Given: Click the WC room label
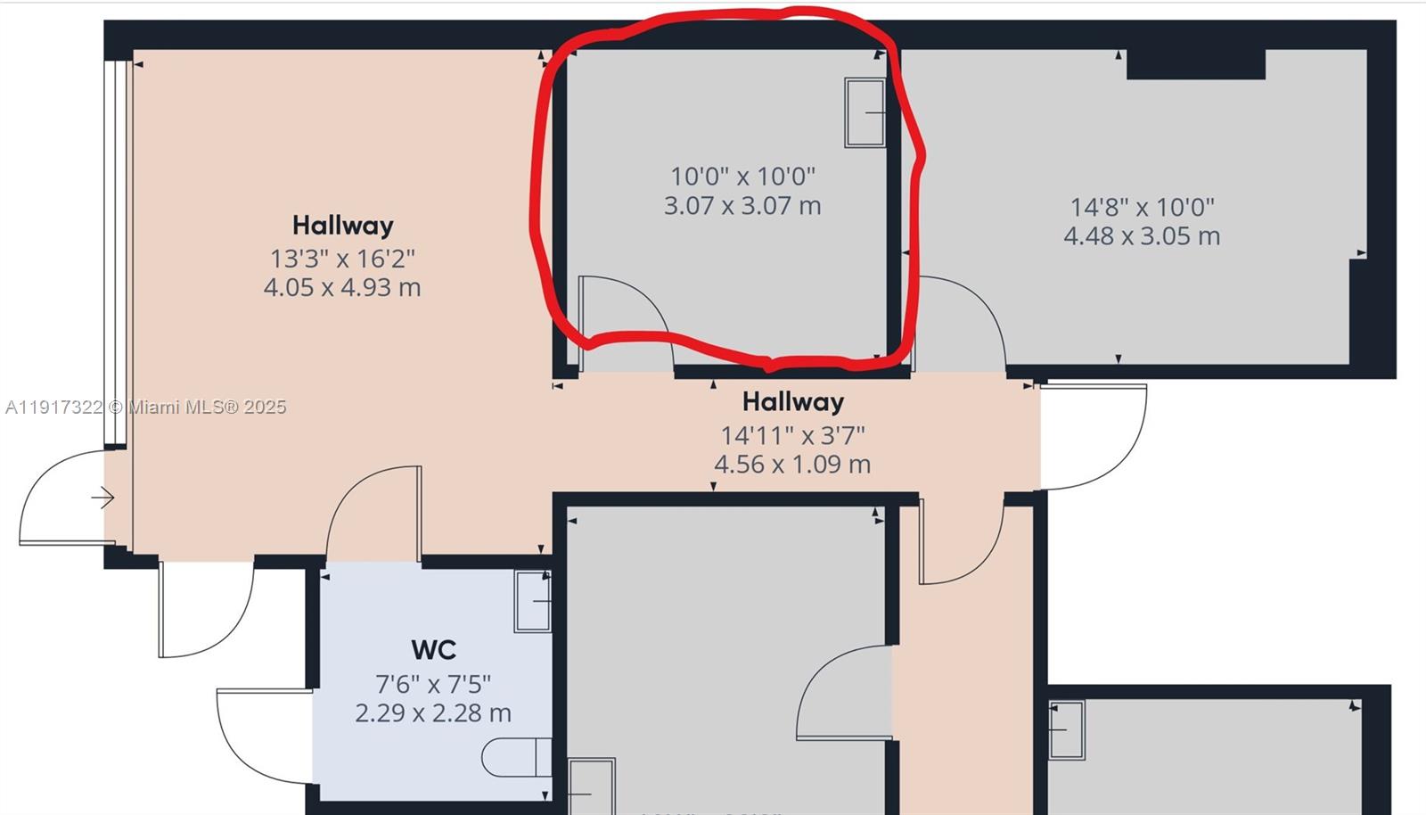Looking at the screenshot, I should (433, 650).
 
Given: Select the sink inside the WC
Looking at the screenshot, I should (532, 601).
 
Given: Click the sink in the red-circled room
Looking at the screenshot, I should (865, 112).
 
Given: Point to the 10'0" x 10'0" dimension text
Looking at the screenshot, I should (742, 176).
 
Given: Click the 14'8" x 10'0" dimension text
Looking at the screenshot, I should (1142, 207).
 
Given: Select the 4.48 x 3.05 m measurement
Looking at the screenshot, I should (1142, 236).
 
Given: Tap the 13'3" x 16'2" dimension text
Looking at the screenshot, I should (342, 259).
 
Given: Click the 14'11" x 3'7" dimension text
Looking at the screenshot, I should (792, 435).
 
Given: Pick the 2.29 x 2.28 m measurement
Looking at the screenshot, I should (433, 713).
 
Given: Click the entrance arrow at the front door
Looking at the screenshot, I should (102, 498).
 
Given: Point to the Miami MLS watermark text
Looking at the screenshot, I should (146, 407).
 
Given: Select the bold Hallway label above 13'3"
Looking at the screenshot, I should (342, 226).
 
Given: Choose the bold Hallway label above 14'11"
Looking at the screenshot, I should (792, 402).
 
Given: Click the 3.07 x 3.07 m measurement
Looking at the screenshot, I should (742, 206).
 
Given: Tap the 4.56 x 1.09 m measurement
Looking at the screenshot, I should (792, 465).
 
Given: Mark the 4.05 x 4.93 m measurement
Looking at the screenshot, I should (342, 288).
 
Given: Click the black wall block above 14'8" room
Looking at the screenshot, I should (1195, 64).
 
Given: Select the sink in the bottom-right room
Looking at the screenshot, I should (1066, 729).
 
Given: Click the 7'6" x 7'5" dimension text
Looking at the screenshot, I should (433, 684).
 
